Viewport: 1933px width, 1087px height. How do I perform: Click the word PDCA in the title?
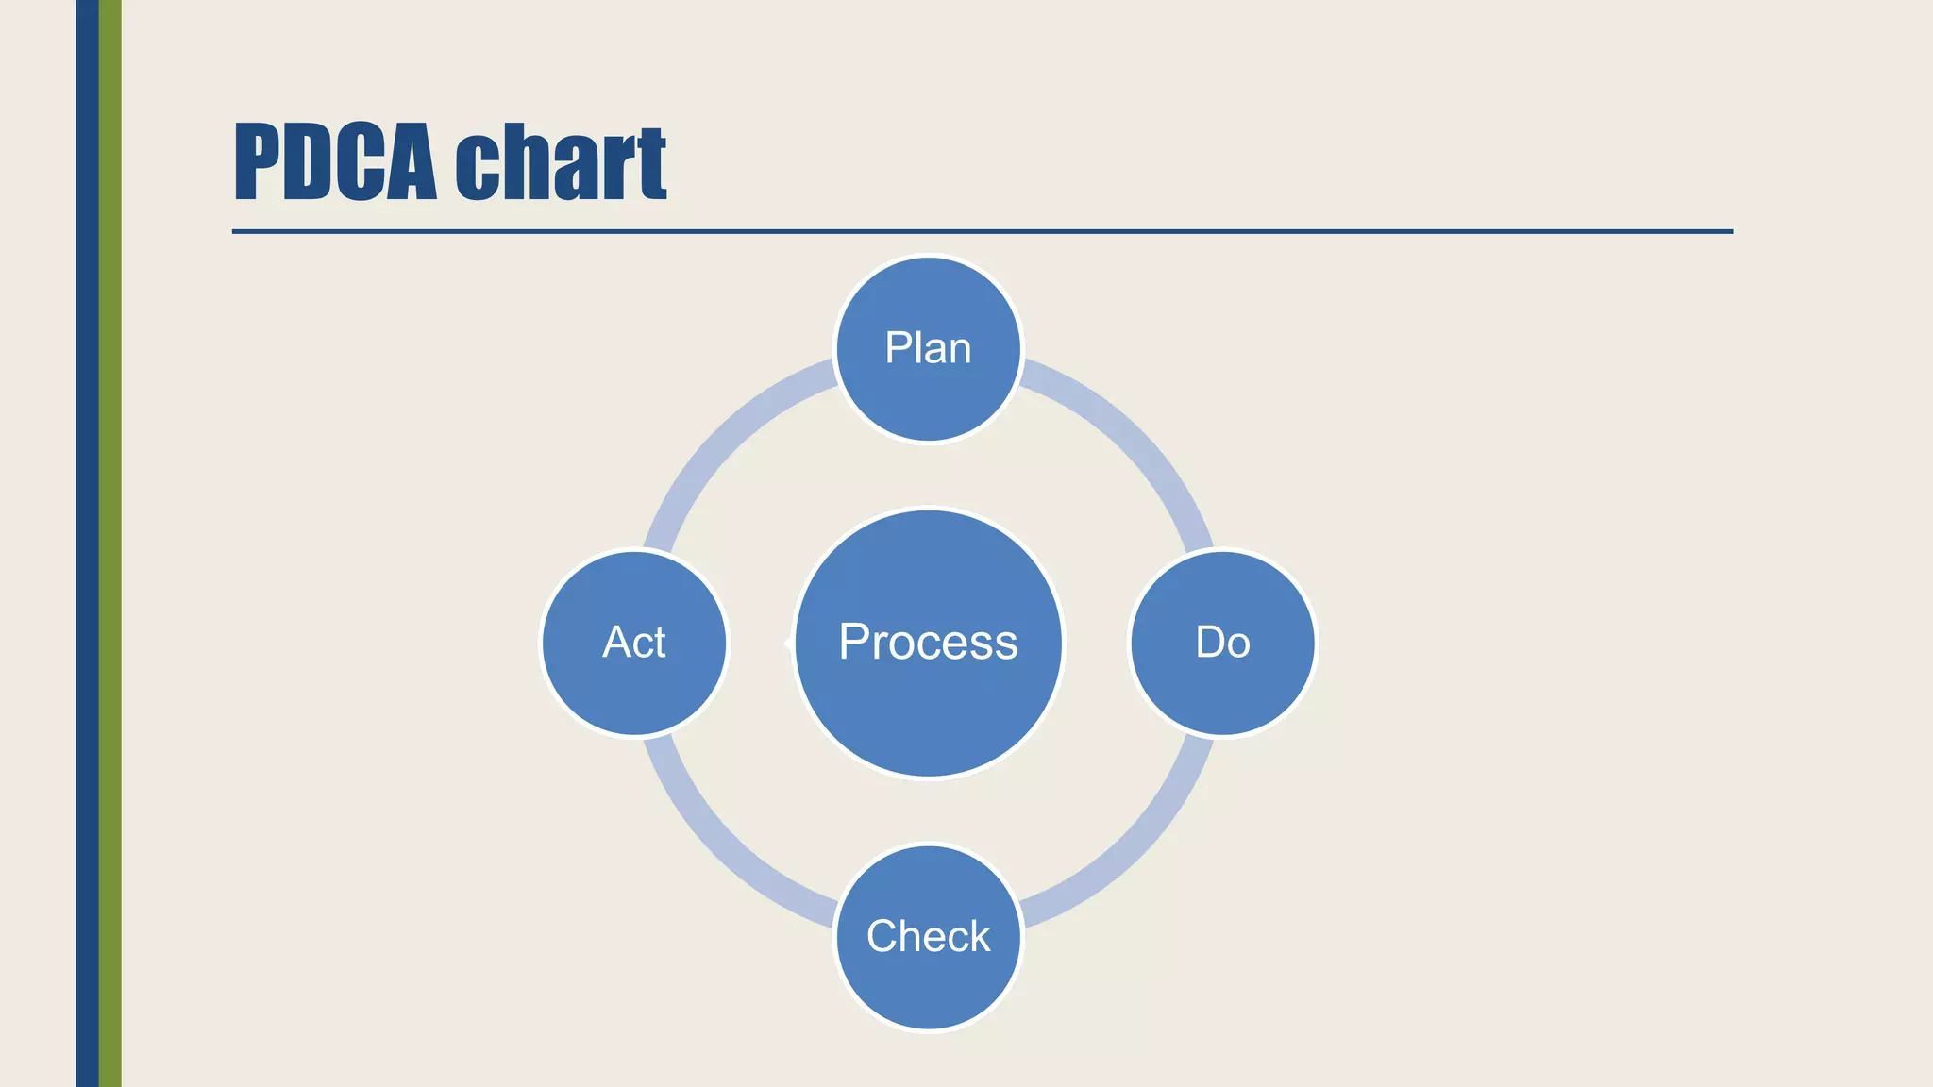tap(335, 162)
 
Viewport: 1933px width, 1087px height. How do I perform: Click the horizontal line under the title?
tap(982, 231)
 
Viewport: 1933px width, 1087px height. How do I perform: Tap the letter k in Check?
tap(979, 936)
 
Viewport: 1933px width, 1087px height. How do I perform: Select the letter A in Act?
tap(616, 643)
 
